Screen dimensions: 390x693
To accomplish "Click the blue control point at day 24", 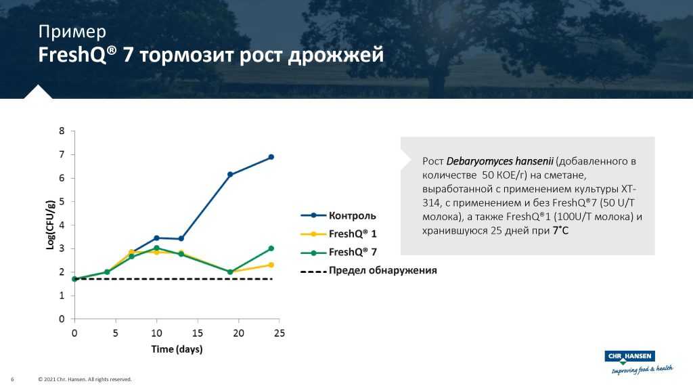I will tap(271, 157).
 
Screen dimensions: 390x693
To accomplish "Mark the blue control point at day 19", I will tap(230, 175).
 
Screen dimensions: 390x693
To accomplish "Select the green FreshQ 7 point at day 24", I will tap(271, 248).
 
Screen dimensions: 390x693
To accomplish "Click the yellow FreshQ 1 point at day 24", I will tap(271, 265).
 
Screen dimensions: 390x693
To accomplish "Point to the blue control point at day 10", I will tap(156, 238).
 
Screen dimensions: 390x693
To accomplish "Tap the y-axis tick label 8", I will tap(62, 131).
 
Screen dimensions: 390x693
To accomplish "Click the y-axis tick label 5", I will tap(62, 202).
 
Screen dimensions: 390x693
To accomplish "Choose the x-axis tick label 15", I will tap(197, 333).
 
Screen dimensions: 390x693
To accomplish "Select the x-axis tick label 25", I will tap(279, 333).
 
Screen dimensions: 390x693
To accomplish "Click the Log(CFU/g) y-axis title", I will tap(50, 225).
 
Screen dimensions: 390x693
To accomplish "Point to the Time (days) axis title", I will tap(177, 349).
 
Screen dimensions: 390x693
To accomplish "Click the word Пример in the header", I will tap(72, 31).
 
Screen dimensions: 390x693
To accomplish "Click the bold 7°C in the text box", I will tap(560, 230).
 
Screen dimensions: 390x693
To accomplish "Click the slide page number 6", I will tap(13, 379).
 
